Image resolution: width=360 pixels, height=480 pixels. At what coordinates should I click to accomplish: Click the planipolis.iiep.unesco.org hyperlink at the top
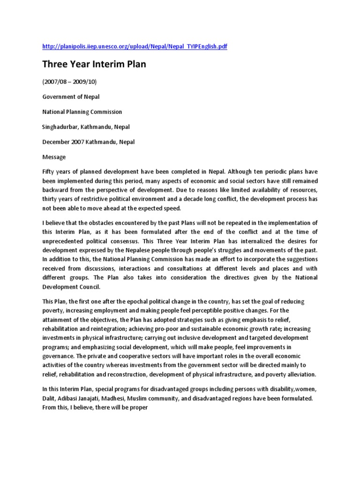point(135,47)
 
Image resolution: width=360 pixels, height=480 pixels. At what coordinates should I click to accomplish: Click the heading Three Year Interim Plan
point(94,64)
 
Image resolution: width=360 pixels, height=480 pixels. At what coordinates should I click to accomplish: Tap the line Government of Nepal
point(71,97)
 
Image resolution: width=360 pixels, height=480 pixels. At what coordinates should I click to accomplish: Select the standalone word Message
point(54,157)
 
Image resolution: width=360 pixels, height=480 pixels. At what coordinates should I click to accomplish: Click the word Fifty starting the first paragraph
point(49,172)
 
